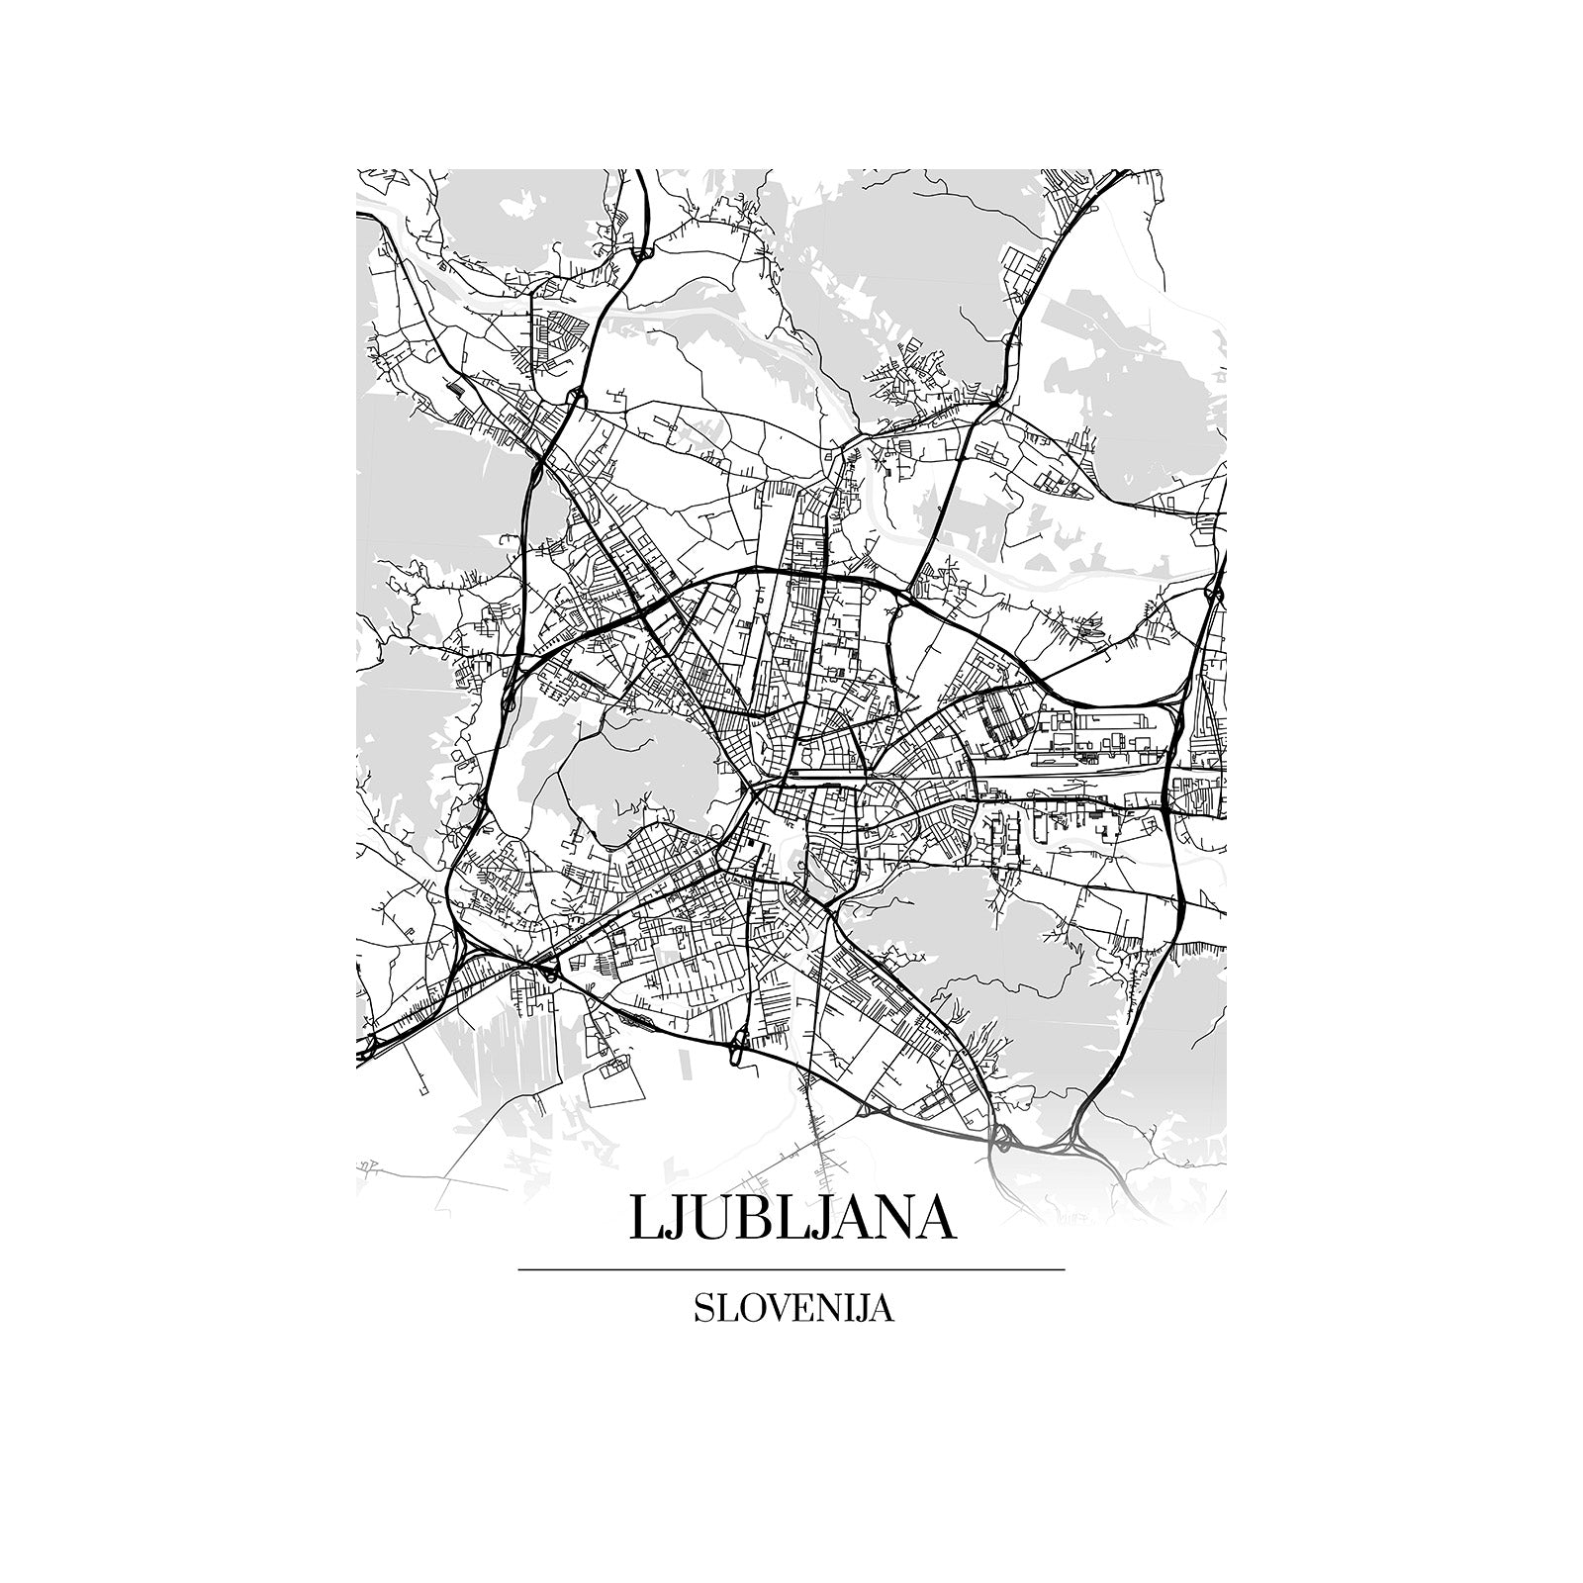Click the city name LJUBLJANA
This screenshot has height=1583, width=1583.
point(791,1219)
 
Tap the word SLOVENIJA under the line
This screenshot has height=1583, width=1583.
point(793,1308)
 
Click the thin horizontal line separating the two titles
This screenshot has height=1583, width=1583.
point(791,1268)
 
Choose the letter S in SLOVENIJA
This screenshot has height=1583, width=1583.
point(703,1308)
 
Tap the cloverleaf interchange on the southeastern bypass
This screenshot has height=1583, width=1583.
point(1001,1138)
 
